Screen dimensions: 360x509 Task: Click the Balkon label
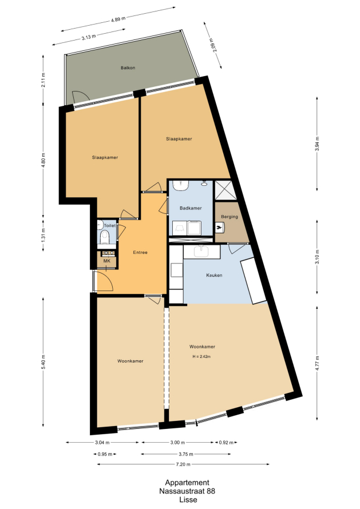pyautogui.click(x=128, y=68)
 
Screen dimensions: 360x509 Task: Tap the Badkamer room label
pyautogui.click(x=191, y=208)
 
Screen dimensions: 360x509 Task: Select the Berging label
pyautogui.click(x=230, y=217)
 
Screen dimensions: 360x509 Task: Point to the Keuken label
pyautogui.click(x=214, y=275)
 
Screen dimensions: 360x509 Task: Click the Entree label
pyautogui.click(x=140, y=252)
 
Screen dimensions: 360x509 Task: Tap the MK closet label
pyautogui.click(x=106, y=261)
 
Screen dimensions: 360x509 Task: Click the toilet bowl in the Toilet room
pyautogui.click(x=104, y=237)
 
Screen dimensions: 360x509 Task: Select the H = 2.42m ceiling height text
pyautogui.click(x=201, y=356)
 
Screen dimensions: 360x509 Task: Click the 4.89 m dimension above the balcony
pyautogui.click(x=118, y=19)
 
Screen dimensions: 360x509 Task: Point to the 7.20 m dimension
pyautogui.click(x=183, y=464)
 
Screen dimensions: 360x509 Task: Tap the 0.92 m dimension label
pyautogui.click(x=226, y=443)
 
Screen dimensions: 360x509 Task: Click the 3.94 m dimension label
pyautogui.click(x=318, y=144)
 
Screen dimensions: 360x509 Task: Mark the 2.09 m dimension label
pyautogui.click(x=212, y=45)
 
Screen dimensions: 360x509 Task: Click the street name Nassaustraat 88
pyautogui.click(x=187, y=491)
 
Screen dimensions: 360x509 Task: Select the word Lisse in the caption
pyautogui.click(x=188, y=500)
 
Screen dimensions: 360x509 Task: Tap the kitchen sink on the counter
pyautogui.click(x=202, y=251)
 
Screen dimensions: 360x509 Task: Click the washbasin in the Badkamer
pyautogui.click(x=180, y=185)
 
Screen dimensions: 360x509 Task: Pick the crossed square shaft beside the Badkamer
pyautogui.click(x=224, y=189)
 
